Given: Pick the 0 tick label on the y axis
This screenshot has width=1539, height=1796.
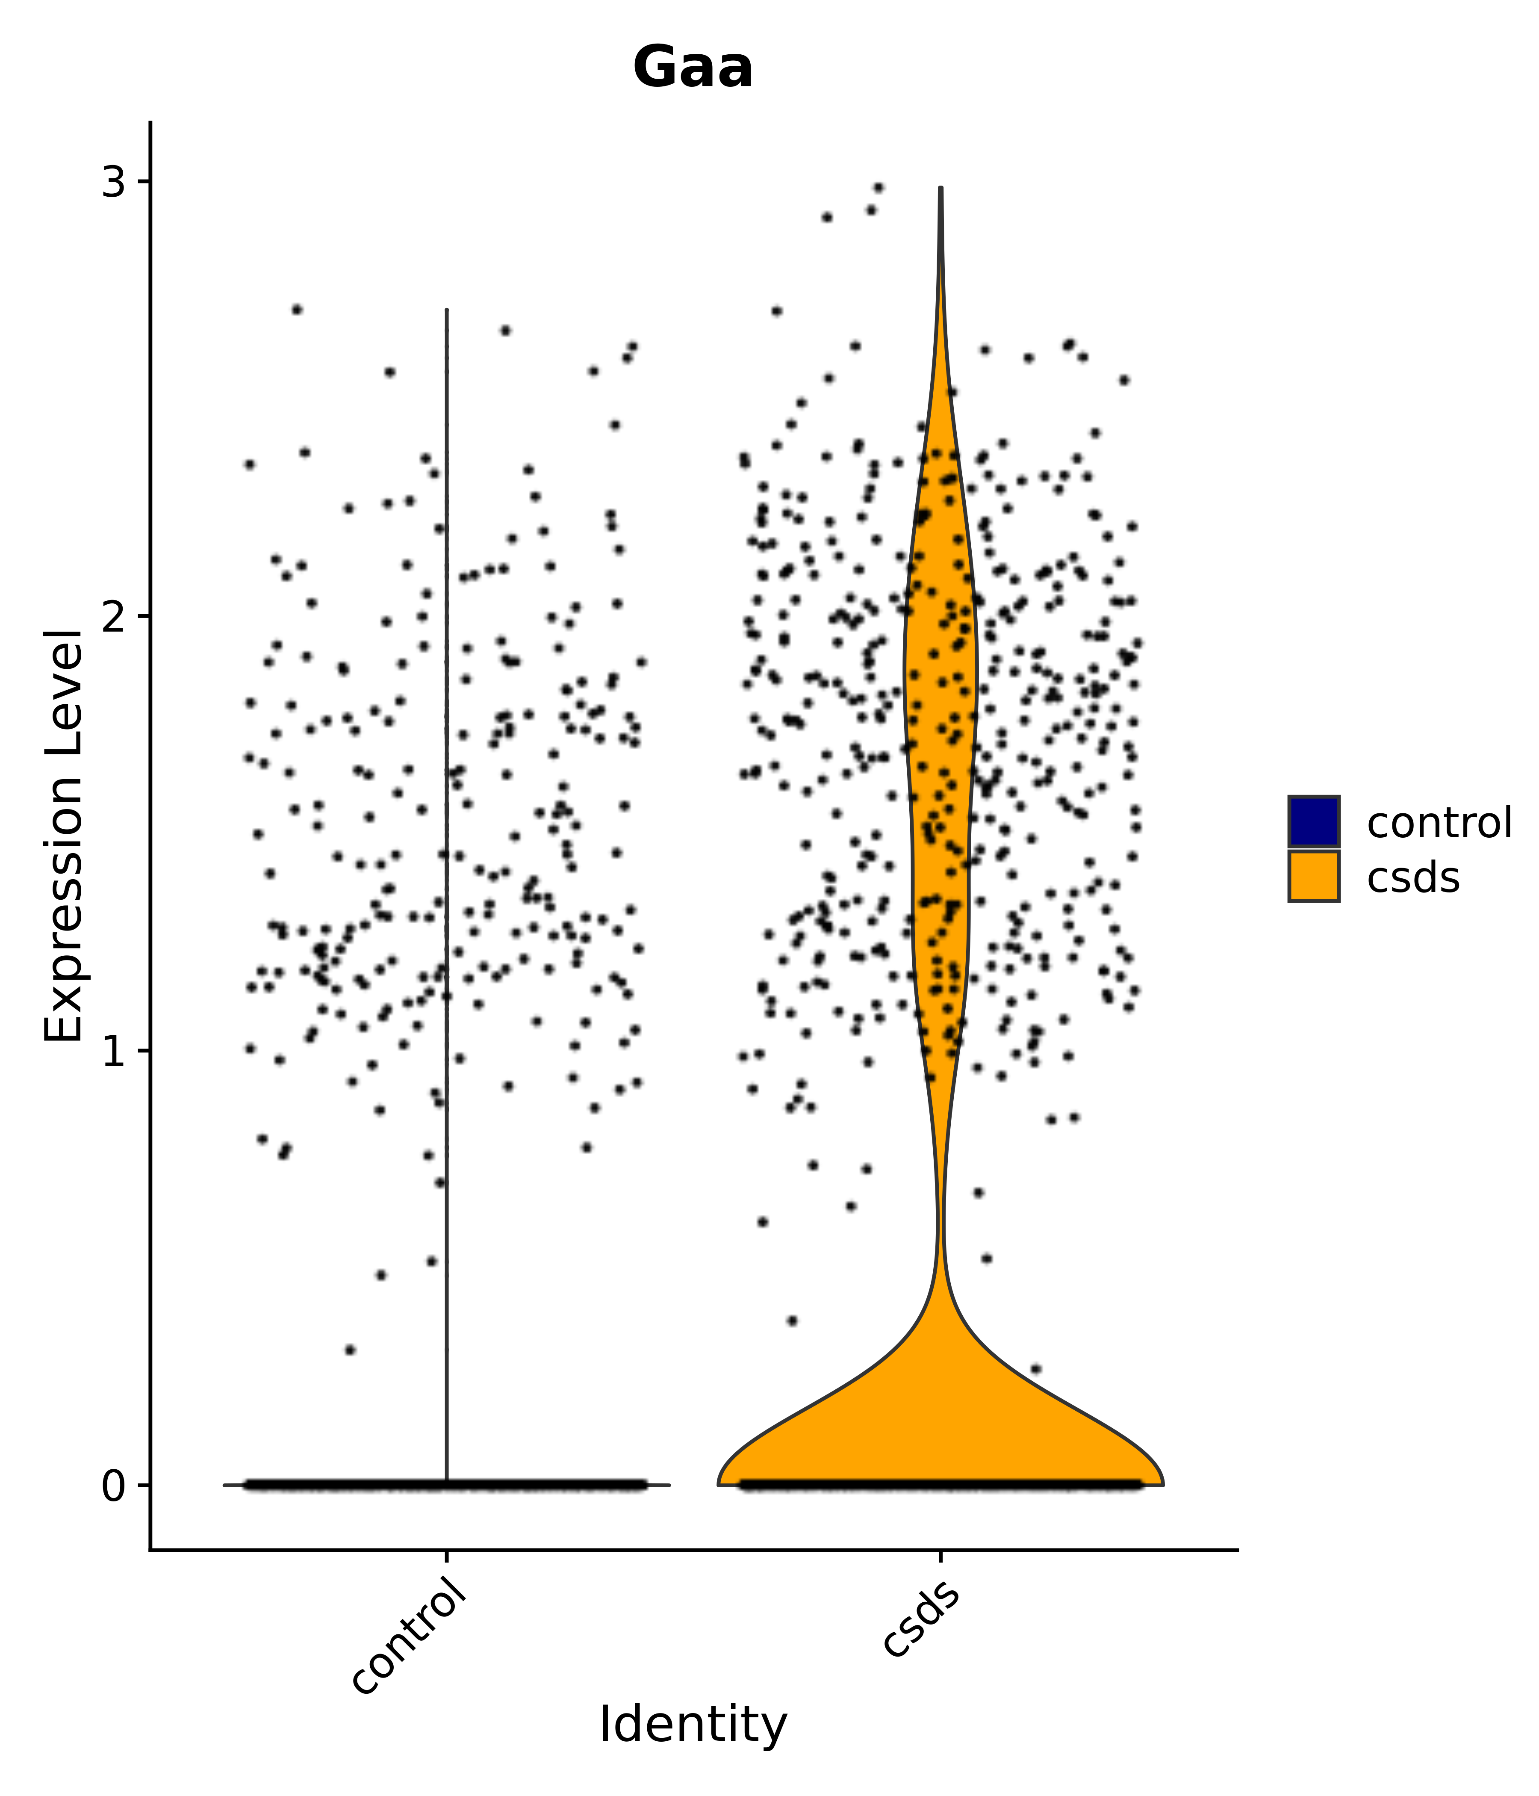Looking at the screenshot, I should [x=114, y=1486].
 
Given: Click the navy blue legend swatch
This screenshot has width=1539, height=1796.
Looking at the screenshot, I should [x=1313, y=821].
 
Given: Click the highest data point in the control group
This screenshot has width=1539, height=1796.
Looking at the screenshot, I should [x=297, y=310].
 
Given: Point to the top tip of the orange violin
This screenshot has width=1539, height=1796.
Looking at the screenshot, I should [x=940, y=189].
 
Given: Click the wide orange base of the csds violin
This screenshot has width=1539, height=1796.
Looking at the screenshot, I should [x=940, y=1421].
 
